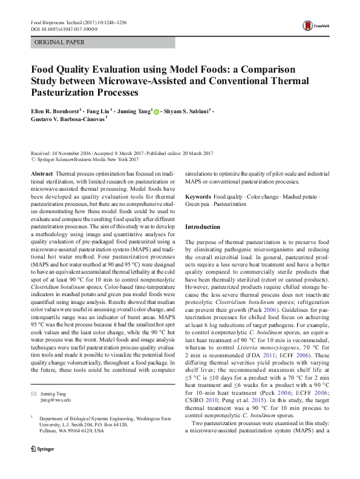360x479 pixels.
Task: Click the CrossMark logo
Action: pyautogui.click(x=313, y=25)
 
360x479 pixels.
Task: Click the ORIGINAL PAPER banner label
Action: pyautogui.click(x=59, y=42)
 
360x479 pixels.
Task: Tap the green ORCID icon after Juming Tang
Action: pyautogui.click(x=156, y=112)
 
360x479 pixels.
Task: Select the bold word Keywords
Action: pyautogui.click(x=198, y=197)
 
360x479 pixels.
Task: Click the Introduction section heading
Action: pyautogui.click(x=203, y=226)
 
